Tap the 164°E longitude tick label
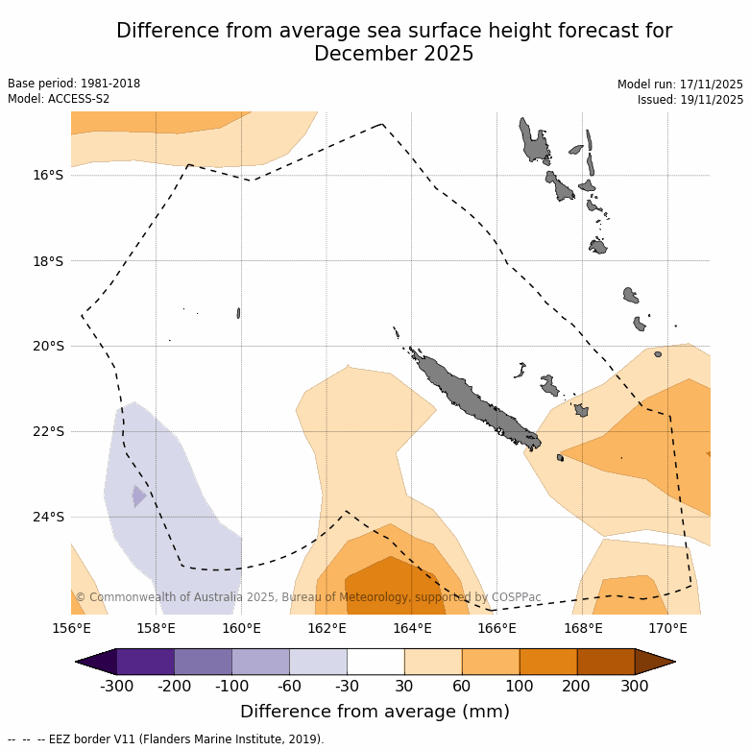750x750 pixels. [x=412, y=629]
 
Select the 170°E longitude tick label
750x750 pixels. [x=667, y=629]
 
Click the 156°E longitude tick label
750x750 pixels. [x=71, y=629]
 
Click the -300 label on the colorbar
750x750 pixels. [x=116, y=686]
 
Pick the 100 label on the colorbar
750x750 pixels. [x=520, y=686]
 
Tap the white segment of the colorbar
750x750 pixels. [x=375, y=662]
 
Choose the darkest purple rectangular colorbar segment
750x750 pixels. [x=145, y=662]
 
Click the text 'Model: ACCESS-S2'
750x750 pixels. [x=59, y=99]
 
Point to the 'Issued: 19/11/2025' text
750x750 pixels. [x=690, y=100]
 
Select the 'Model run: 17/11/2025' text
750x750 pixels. [x=680, y=85]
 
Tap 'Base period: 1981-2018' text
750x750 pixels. [x=74, y=84]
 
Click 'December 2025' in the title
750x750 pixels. [x=394, y=54]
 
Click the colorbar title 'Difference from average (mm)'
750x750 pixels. [x=375, y=712]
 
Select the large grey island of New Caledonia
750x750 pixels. [x=471, y=398]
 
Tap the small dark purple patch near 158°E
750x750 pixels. [x=139, y=496]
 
